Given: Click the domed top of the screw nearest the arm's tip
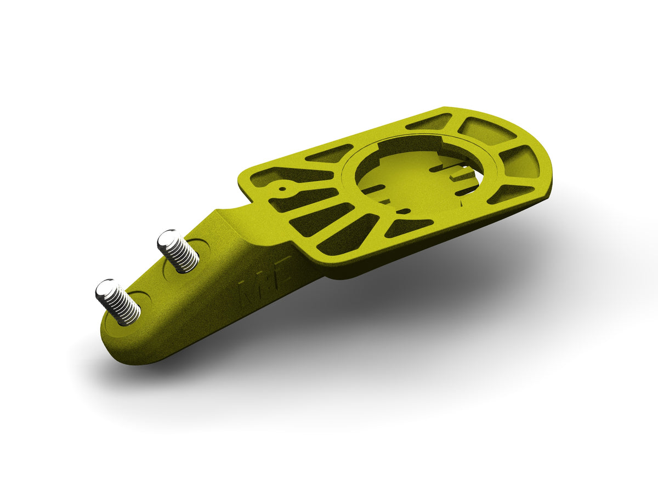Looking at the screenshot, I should [106, 289].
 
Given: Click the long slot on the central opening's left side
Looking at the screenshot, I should [373, 190].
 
